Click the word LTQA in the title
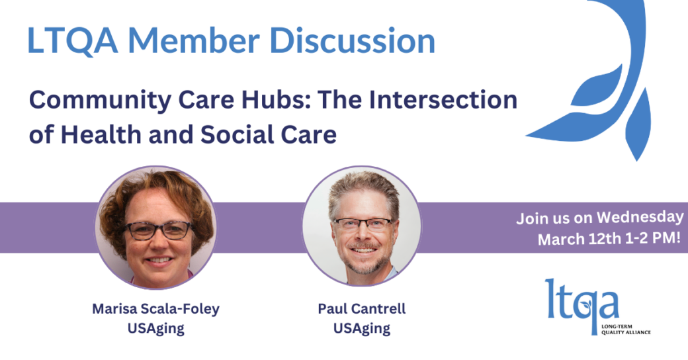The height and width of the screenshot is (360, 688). [72, 40]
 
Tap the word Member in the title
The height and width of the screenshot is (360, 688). [194, 40]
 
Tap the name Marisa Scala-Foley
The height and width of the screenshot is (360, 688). [155, 308]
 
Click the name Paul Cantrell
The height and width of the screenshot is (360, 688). [362, 308]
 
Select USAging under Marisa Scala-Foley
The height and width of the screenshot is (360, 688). [155, 328]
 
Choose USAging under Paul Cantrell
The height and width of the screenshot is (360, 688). [362, 328]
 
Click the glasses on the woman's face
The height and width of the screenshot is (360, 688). [158, 230]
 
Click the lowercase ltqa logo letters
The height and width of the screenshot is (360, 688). [582, 303]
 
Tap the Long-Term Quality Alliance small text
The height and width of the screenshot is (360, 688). [626, 330]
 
